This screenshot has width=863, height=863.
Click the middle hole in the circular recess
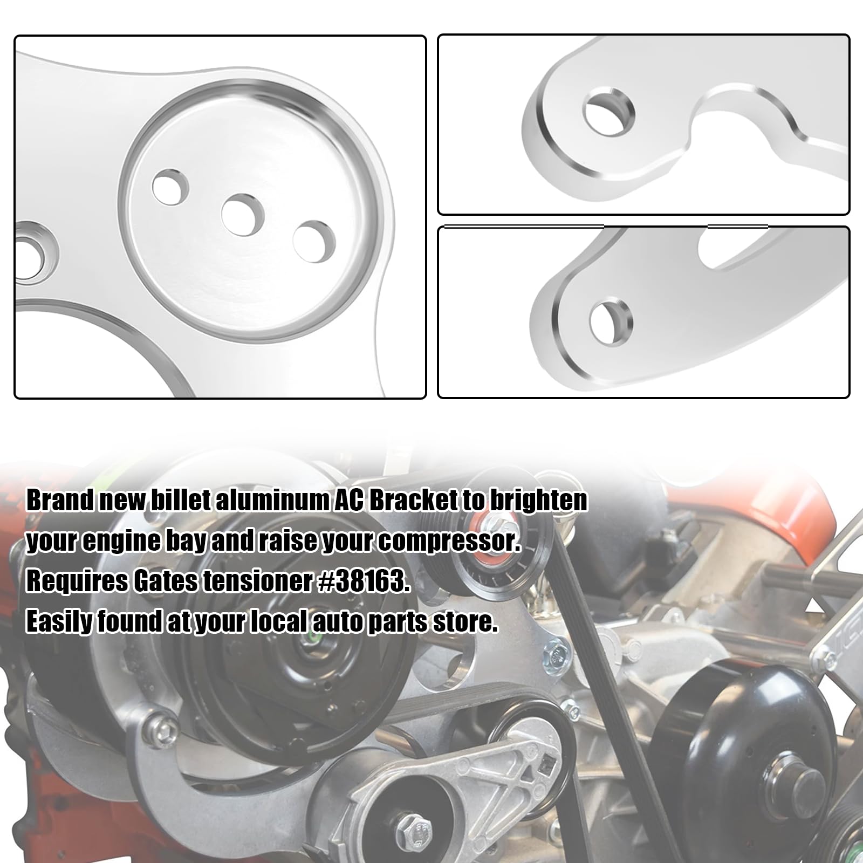[x=242, y=215]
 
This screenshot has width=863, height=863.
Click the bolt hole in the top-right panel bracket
[x=609, y=113]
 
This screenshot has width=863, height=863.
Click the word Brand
[x=59, y=501]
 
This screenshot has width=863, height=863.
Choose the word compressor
[x=449, y=541]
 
